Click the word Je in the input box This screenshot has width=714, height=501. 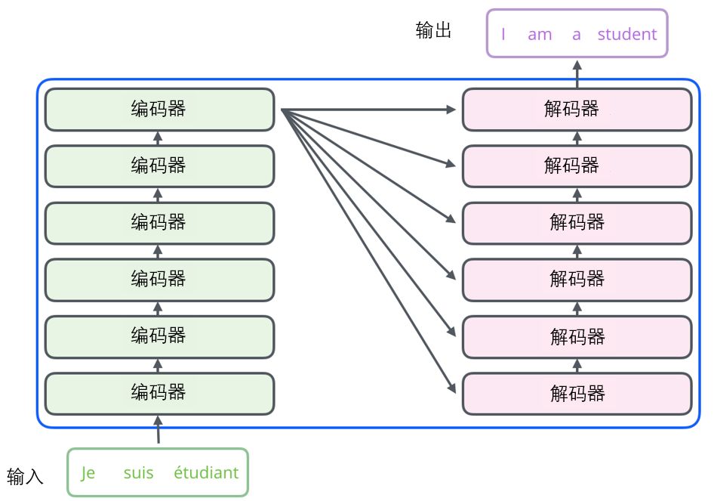pos(88,473)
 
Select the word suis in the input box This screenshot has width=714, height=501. pos(138,473)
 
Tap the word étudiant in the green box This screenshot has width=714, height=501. pos(206,473)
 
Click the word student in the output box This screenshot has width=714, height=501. pos(626,34)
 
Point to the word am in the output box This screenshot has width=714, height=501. pos(540,34)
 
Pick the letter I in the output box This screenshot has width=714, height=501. pos(503,34)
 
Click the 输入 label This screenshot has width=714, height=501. pos(26,477)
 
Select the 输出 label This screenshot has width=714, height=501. pos(434,30)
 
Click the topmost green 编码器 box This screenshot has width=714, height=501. pos(159,110)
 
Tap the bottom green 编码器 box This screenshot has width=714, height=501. pos(159,393)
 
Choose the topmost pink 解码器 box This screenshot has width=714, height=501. pos(577,110)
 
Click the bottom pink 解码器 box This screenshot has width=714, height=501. pos(577,394)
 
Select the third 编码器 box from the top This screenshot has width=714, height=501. pos(159,223)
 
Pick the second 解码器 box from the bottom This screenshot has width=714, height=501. pos(577,336)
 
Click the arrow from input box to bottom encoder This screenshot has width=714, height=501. pos(158,429)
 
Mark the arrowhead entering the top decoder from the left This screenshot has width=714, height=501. pos(451,110)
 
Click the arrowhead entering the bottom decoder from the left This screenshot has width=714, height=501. pos(452,389)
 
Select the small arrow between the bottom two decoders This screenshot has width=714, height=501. pos(577,365)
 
